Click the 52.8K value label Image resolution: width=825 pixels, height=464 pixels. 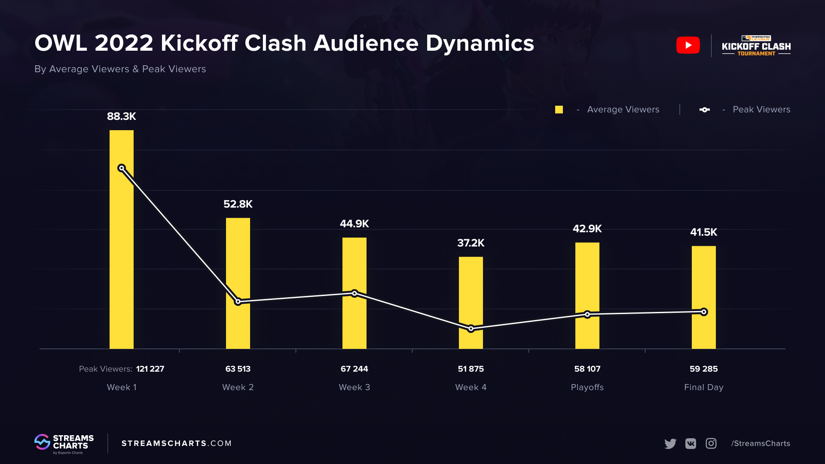pos(238,204)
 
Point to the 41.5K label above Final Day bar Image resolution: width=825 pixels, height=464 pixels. pos(703,232)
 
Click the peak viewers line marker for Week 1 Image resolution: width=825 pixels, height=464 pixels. pos(122,168)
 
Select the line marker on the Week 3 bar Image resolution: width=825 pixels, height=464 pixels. pos(354,293)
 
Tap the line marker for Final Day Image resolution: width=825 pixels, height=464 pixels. pos(704,312)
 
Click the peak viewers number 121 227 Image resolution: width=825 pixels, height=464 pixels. pos(150,369)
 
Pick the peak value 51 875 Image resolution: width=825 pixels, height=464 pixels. pos(471,369)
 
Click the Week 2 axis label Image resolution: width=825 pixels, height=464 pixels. pos(238,388)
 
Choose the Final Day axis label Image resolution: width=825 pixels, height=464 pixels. pos(703,388)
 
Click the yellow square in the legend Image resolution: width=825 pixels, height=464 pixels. pos(559,110)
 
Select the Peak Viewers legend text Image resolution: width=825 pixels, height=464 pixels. pos(761,110)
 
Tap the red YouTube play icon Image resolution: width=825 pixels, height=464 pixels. pos(688,45)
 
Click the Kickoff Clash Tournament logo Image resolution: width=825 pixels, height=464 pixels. pos(756,46)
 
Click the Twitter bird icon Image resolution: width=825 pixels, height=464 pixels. pos(670,443)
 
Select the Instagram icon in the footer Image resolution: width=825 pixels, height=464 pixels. pos(711,443)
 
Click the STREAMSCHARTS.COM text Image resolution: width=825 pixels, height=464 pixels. pos(176,443)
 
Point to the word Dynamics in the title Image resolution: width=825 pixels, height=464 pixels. pos(480,43)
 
